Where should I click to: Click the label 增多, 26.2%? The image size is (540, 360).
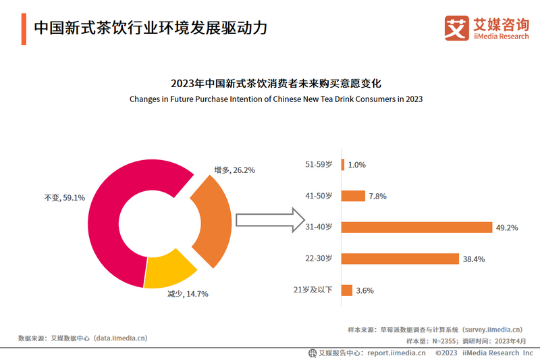[234, 170]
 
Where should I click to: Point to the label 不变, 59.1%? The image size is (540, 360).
[64, 198]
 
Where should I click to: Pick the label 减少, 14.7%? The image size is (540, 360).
[188, 294]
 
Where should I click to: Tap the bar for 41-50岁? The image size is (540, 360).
[353, 196]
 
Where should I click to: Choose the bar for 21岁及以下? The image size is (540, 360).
[347, 290]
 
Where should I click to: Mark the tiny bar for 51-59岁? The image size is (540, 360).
[343, 165]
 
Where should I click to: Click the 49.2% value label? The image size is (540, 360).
[506, 228]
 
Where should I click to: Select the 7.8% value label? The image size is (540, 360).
[377, 197]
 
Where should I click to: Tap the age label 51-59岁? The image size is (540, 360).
[319, 164]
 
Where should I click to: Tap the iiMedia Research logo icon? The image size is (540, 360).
[456, 27]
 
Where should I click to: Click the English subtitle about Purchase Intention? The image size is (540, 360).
[276, 99]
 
